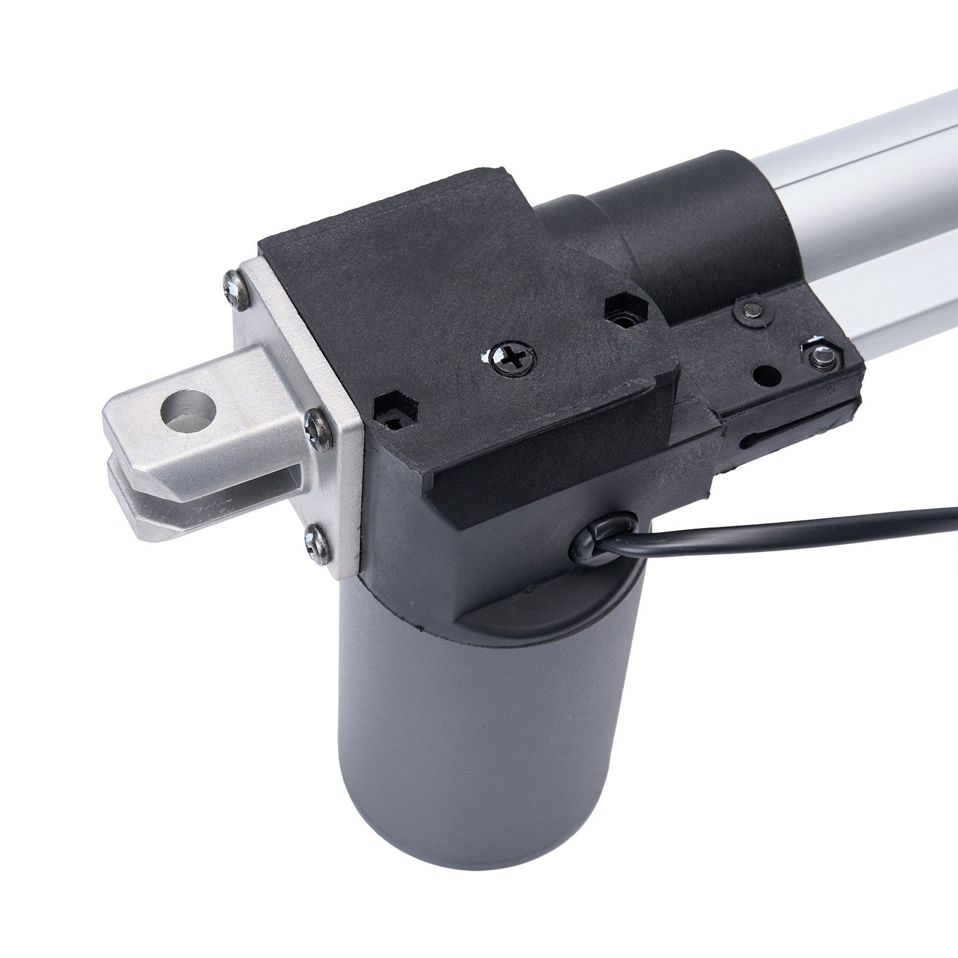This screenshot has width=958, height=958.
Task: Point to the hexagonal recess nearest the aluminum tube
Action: pyautogui.click(x=626, y=311)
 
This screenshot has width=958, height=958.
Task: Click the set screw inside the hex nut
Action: pyautogui.click(x=820, y=357)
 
